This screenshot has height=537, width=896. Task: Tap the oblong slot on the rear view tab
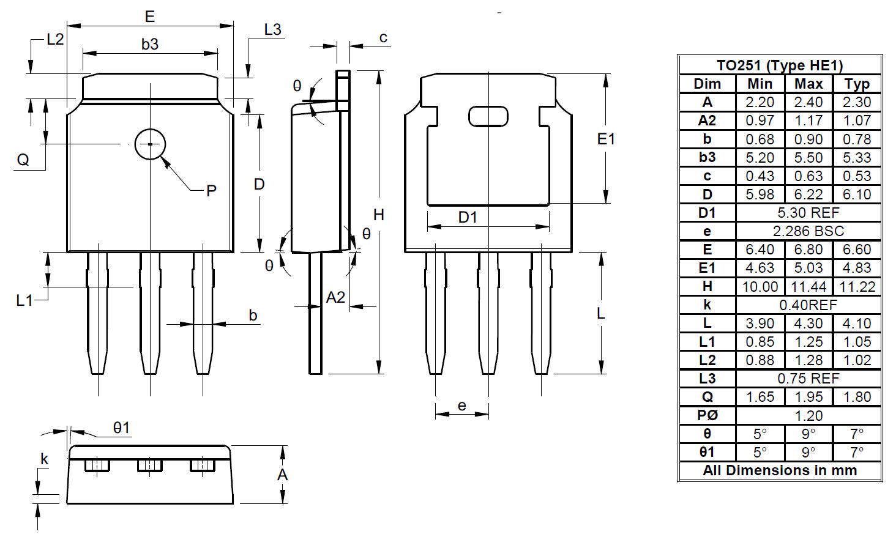488,107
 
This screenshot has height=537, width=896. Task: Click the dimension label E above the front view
149,17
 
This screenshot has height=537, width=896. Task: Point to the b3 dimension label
149,44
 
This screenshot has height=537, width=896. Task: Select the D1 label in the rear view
468,218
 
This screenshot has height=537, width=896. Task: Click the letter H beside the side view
378,215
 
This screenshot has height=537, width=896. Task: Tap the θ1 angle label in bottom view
122,428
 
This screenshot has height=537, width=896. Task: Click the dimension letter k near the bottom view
44,459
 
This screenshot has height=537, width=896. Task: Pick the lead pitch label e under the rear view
461,406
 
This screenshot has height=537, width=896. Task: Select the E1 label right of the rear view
606,139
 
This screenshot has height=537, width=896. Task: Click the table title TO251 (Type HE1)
780,65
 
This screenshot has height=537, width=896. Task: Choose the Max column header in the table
808,84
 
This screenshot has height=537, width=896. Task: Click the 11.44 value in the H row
808,287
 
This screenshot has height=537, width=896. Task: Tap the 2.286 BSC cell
808,231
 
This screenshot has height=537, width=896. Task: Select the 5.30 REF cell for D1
808,213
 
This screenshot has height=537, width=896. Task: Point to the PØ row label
707,415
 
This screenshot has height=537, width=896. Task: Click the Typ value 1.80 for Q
857,397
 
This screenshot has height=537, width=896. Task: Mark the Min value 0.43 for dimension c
760,176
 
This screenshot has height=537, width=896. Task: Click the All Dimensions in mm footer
780,470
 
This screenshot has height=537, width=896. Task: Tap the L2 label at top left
55,39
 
